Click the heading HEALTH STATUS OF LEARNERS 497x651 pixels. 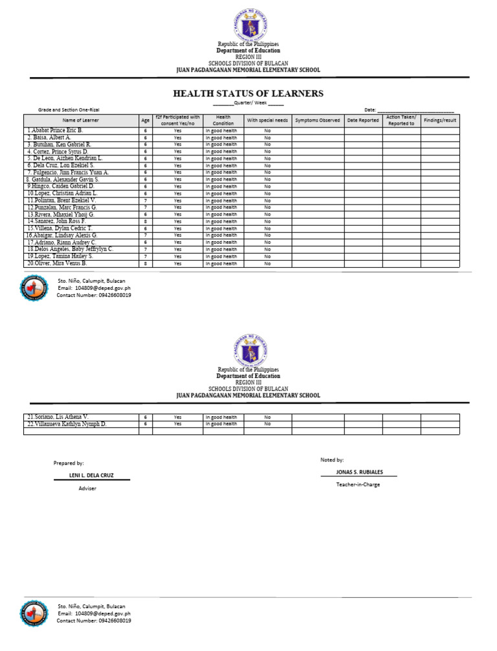(x=248, y=93)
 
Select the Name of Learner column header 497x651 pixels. (x=81, y=120)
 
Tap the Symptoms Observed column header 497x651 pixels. (x=317, y=120)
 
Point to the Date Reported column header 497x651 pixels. (x=363, y=120)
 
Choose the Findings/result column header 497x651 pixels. (x=440, y=120)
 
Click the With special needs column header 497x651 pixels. (x=267, y=120)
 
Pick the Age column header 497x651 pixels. (x=146, y=120)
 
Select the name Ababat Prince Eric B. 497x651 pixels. (x=55, y=131)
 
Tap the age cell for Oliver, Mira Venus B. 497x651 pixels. (x=146, y=263)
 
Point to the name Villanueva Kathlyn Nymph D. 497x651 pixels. (x=67, y=424)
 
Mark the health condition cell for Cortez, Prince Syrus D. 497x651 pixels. (x=221, y=151)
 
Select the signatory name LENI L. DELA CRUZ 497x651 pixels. (x=91, y=475)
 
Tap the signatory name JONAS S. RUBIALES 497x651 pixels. (x=359, y=472)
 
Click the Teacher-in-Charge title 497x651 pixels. (x=358, y=484)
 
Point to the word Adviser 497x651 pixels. (x=87, y=488)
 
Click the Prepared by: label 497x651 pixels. (x=69, y=463)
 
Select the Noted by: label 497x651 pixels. (x=332, y=459)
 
